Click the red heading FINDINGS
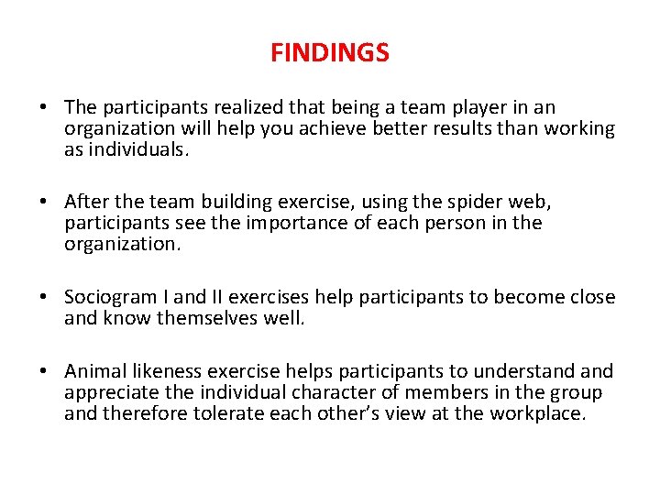pos(329,53)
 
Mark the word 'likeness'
pos(169,371)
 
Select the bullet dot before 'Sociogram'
pos(44,298)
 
